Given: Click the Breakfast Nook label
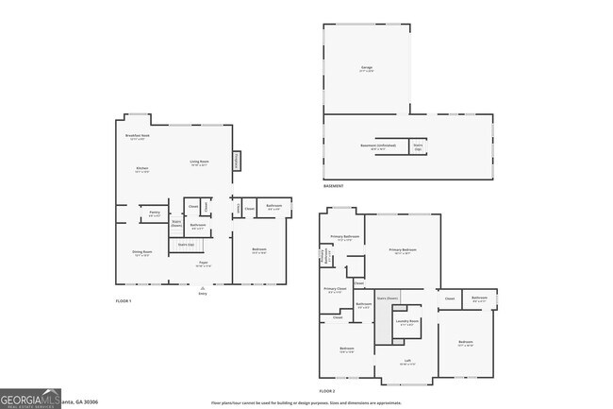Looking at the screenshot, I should [x=139, y=136].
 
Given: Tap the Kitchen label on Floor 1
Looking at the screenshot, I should [x=142, y=170].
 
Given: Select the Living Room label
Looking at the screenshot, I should [x=198, y=163].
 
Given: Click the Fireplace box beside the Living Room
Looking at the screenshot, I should [x=237, y=162].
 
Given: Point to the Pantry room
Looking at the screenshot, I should [x=154, y=214].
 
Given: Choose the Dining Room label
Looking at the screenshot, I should [x=141, y=253].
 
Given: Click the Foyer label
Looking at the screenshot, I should [x=203, y=264].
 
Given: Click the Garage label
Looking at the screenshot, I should [x=366, y=69].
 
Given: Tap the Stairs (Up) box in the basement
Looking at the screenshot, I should [x=418, y=146].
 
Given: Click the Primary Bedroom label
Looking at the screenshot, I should [x=402, y=250].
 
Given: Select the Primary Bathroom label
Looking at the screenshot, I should [x=344, y=237].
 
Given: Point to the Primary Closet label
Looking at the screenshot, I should [x=335, y=290].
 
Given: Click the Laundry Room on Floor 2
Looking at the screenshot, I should [x=407, y=322].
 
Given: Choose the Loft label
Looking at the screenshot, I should [x=406, y=362].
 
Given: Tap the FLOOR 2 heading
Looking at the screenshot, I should [x=327, y=390].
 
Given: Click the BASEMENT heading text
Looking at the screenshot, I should [x=334, y=186].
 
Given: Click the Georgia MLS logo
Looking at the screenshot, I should [x=30, y=399].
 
